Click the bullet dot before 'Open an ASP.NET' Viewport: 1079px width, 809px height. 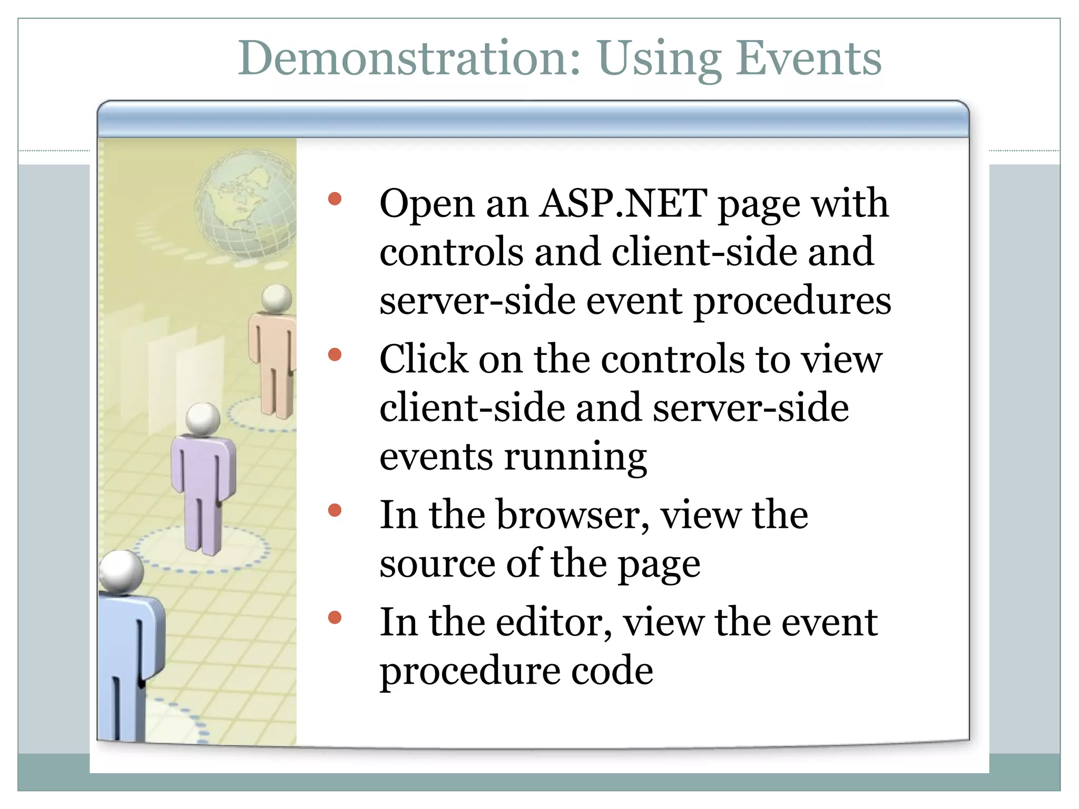335,199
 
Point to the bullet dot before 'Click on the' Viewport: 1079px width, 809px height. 335,354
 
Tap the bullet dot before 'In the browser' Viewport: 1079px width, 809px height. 335,510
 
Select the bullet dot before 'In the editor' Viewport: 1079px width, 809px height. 335,617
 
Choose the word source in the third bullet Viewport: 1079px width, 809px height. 437,564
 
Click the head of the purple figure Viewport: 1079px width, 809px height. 203,419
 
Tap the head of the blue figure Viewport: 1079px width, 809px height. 121,572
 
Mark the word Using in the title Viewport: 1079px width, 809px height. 659,59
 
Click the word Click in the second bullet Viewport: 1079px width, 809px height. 423,360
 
